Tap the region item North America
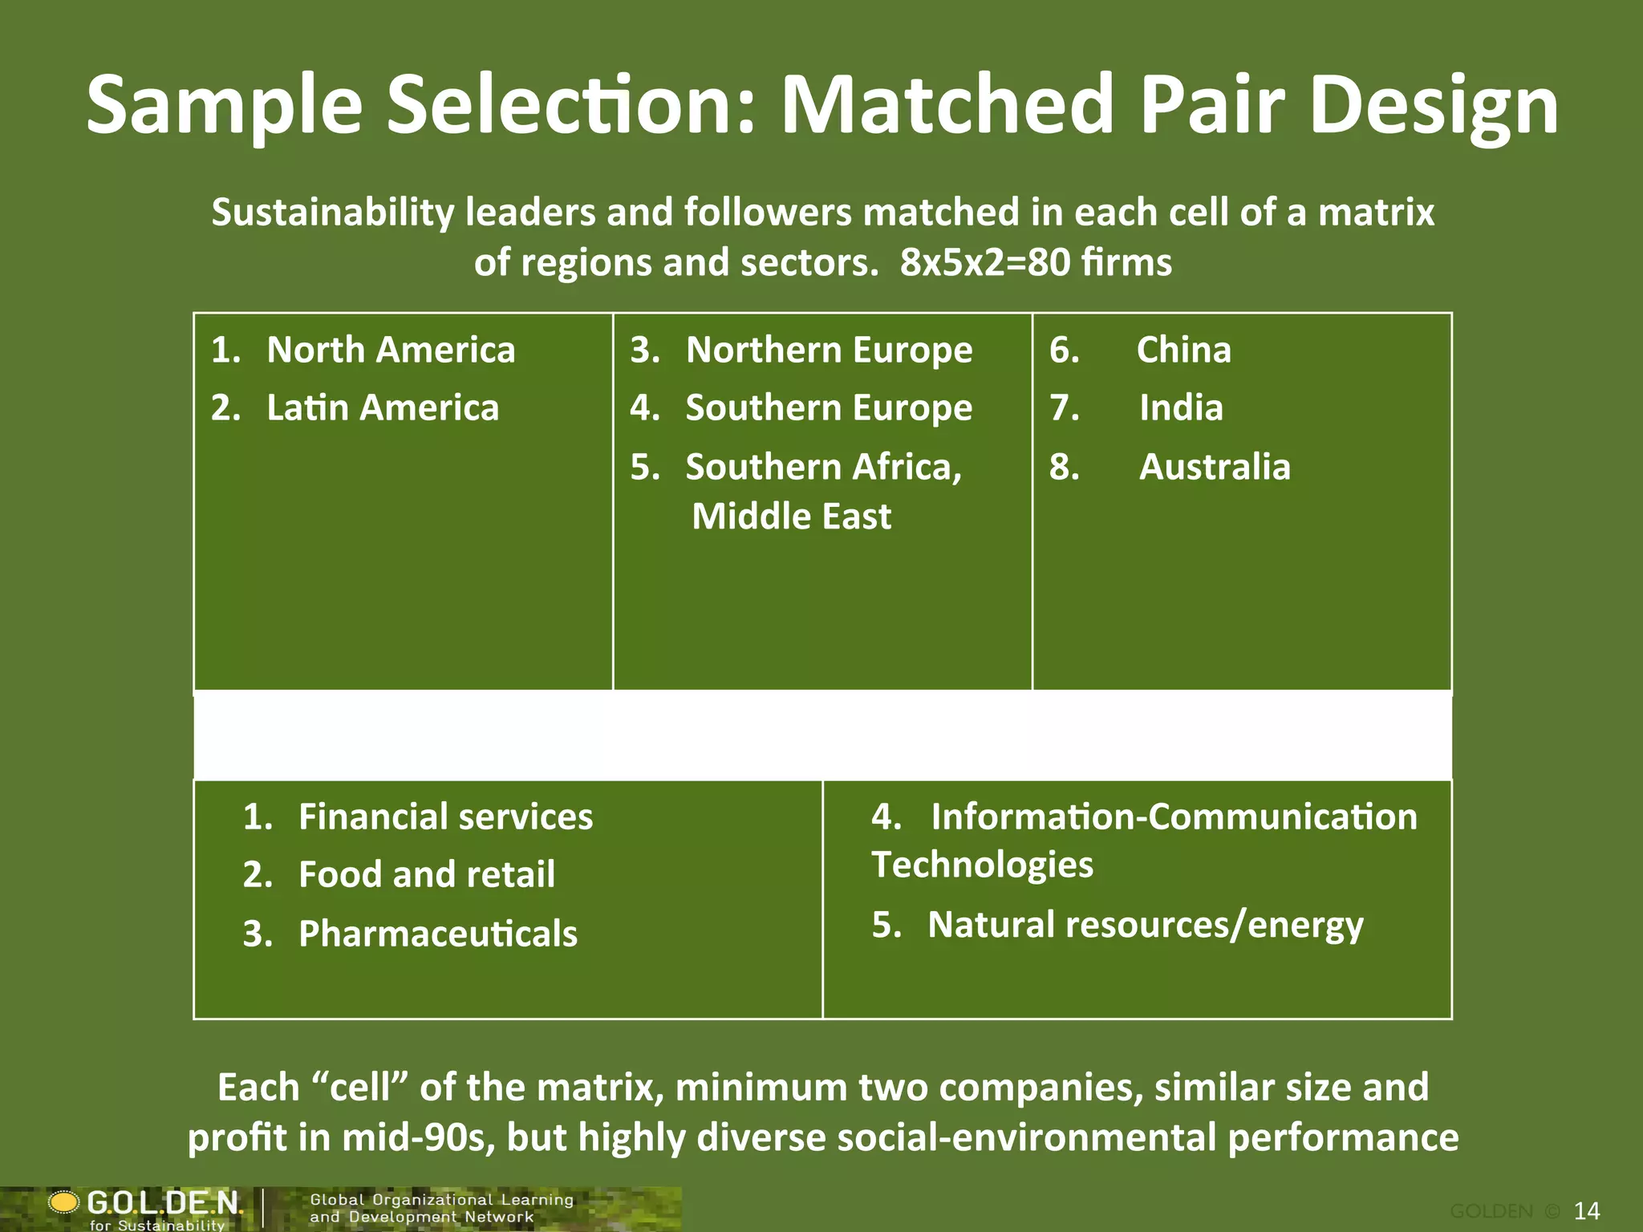coord(391,350)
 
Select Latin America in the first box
coord(383,407)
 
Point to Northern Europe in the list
coord(829,350)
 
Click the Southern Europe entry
coord(829,407)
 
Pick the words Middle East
coord(791,517)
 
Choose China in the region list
coord(1183,350)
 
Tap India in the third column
coord(1181,407)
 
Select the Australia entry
coord(1215,467)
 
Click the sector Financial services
coord(445,817)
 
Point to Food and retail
coord(426,874)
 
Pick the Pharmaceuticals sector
coord(438,934)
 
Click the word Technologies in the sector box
coord(982,865)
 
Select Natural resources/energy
coord(1145,925)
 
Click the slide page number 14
coord(1587,1210)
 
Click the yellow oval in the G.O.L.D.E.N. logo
coord(64,1202)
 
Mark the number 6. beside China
coord(1064,350)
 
